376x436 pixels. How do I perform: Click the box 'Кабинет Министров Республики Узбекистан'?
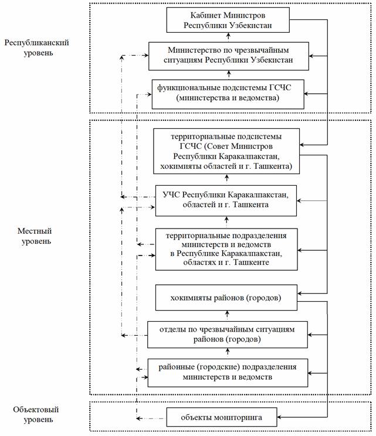[228, 20]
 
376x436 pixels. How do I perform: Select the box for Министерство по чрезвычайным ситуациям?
[228, 54]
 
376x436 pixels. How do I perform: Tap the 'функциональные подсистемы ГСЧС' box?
[228, 93]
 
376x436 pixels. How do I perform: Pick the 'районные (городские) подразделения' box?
[228, 372]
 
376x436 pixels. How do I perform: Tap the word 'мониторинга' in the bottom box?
[240, 418]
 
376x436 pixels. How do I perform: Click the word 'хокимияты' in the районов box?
[187, 298]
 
